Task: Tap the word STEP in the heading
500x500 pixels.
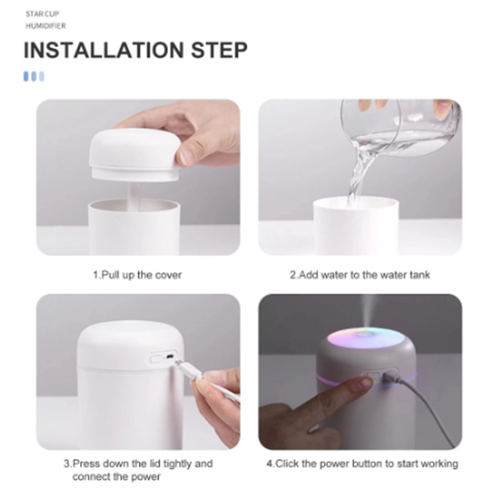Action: [219, 50]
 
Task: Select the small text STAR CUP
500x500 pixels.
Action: [42, 14]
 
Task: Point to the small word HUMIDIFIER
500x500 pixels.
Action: [46, 26]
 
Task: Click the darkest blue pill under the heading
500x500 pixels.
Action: [26, 76]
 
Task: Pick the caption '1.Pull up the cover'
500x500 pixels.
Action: [137, 275]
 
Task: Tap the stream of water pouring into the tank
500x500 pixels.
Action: [361, 172]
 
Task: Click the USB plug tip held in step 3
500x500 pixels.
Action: [179, 364]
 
